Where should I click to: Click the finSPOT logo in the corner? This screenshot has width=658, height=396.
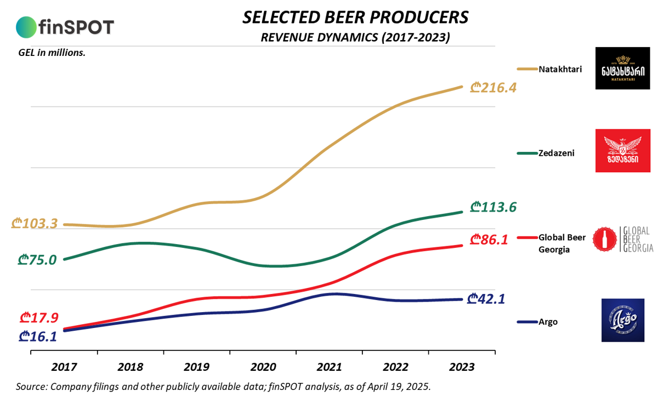65,26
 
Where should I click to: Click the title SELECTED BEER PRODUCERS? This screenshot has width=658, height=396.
355,18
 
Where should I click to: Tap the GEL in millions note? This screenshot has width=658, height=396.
50,53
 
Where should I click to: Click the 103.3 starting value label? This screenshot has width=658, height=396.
34,223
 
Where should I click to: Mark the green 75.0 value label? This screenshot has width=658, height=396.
37,259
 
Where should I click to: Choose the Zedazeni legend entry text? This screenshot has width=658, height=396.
556,154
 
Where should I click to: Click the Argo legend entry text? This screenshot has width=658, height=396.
548,322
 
